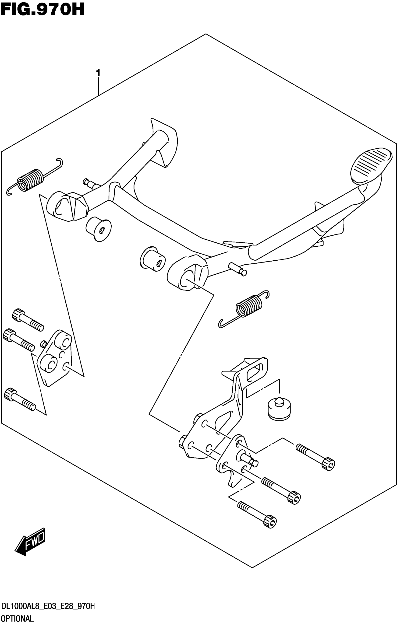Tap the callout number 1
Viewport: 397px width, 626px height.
click(98, 73)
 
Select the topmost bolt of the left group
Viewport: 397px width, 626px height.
click(28, 319)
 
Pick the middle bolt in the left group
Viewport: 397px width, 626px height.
click(18, 339)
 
